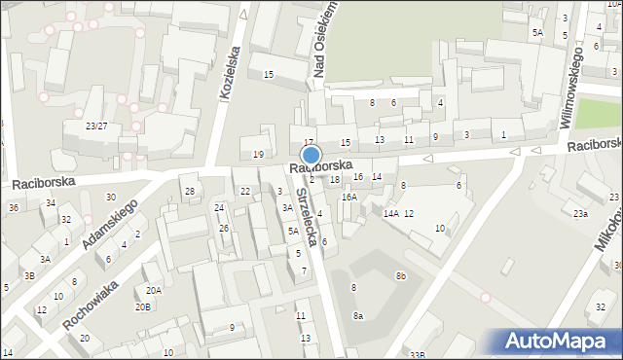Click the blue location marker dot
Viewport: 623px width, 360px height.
[311, 155]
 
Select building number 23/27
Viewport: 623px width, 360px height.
[96, 126]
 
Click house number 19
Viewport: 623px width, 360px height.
[258, 154]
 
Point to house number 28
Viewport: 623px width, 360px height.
[190, 191]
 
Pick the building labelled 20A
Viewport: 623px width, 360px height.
[154, 290]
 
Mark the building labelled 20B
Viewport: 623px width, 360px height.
[143, 306]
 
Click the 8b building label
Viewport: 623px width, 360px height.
[400, 276]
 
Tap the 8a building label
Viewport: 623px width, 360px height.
[358, 315]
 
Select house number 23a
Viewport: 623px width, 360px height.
[580, 214]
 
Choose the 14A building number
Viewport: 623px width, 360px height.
[390, 213]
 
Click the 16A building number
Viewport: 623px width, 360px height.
[348, 197]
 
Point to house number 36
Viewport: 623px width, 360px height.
[14, 207]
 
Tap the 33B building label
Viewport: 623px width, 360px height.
[418, 355]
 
